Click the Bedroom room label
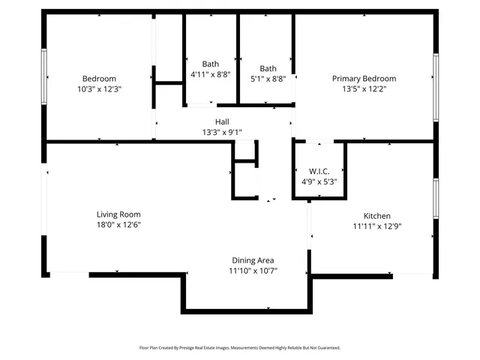(99, 79)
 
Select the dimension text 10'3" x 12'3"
(99, 88)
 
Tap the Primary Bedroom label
(364, 79)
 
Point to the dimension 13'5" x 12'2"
(364, 88)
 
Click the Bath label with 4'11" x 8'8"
(211, 64)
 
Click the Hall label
(222, 121)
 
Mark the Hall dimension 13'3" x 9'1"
(222, 132)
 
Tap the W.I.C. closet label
(319, 171)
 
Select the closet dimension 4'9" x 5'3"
(319, 181)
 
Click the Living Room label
(118, 214)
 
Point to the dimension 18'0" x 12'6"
(118, 224)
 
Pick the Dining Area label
(252, 260)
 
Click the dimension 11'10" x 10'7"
(252, 271)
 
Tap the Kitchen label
(377, 215)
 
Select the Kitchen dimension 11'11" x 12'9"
(377, 226)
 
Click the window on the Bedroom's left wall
(44, 76)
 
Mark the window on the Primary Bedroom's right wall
(436, 87)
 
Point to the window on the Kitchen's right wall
(436, 198)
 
